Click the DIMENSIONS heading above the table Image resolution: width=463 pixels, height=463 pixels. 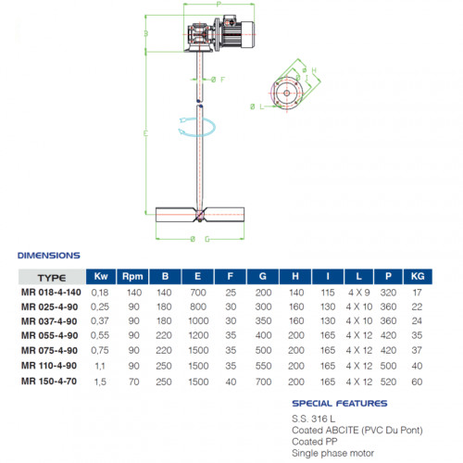tap(48, 255)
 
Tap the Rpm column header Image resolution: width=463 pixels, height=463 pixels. tap(132, 277)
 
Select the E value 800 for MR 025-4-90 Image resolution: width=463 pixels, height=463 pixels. tap(198, 306)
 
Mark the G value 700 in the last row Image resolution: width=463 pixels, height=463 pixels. tap(262, 381)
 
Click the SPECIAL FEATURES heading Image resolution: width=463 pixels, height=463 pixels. tap(338, 404)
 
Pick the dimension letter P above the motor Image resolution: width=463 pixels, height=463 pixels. tap(219, 6)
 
